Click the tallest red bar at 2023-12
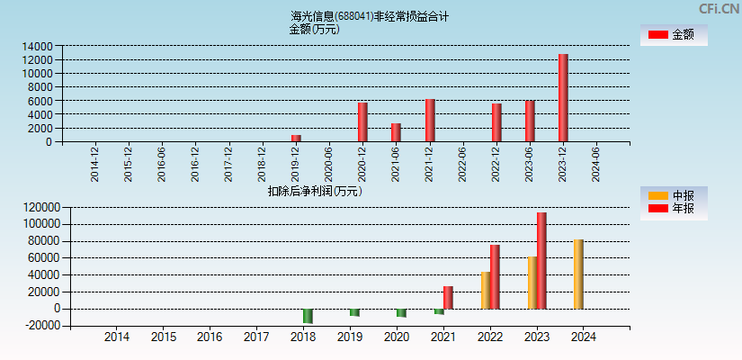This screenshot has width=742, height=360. click(x=563, y=97)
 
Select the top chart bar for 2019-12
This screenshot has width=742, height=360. click(x=295, y=138)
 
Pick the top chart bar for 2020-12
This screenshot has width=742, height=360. click(x=362, y=121)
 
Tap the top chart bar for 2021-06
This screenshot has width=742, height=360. click(x=396, y=132)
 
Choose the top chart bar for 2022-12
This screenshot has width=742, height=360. click(x=496, y=122)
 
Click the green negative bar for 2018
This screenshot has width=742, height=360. click(x=308, y=316)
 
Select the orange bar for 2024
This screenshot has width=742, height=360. click(x=578, y=274)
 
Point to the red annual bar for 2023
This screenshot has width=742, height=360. click(x=541, y=260)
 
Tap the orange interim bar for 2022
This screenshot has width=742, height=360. click(x=486, y=290)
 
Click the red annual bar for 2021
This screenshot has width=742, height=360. click(x=448, y=297)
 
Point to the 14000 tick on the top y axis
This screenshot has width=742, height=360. click(x=37, y=46)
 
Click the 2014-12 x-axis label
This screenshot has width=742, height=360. click(x=95, y=163)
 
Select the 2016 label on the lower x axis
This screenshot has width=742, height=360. click(x=210, y=337)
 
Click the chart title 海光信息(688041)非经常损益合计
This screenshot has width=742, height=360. click(x=370, y=16)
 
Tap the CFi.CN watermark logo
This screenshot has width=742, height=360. click(x=720, y=9)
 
